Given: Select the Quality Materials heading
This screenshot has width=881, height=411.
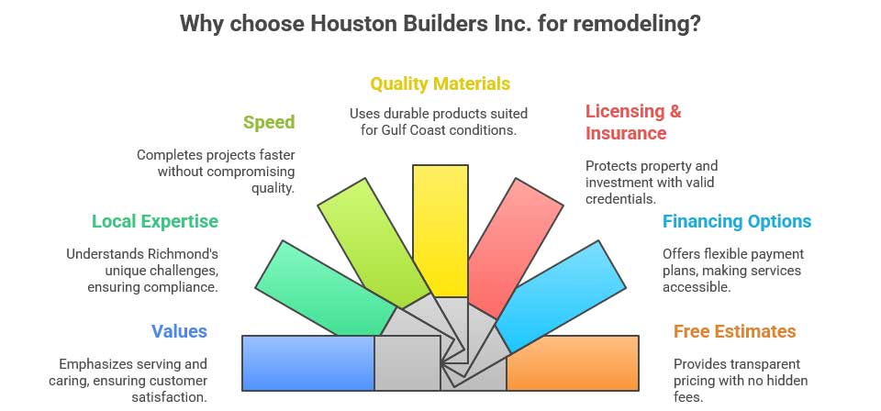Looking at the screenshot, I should click(440, 84).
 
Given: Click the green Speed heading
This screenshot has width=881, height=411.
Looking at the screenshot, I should click(269, 122).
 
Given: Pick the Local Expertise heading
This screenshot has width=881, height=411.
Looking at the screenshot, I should click(155, 221).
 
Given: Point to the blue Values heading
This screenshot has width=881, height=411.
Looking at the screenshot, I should click(180, 331).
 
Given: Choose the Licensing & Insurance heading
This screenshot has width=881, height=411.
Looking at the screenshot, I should click(633, 122).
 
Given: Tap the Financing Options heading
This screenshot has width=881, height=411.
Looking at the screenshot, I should click(737, 221).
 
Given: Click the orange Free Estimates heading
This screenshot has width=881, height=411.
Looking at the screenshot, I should click(734, 331).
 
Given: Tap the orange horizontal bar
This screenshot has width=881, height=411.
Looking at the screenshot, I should click(573, 363).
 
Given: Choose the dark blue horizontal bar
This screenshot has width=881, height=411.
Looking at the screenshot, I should click(308, 363).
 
